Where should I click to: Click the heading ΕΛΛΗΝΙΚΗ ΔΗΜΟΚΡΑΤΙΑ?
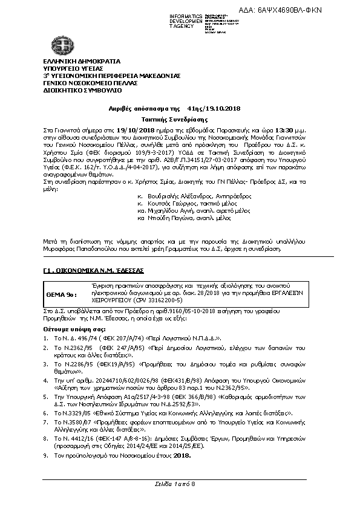coord(82,62)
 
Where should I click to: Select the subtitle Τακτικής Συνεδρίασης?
coord(180,120)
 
